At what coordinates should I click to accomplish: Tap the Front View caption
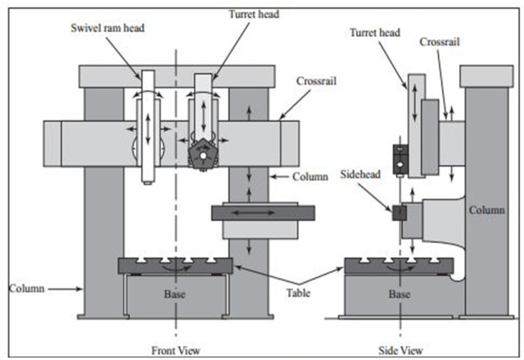[x=178, y=349]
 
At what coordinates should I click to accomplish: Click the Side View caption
[x=402, y=349]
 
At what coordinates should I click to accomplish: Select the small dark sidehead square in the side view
[x=399, y=211]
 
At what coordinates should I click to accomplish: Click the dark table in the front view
[x=175, y=265]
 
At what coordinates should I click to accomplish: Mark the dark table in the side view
[x=399, y=265]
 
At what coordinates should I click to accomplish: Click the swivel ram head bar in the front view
[x=147, y=123]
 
